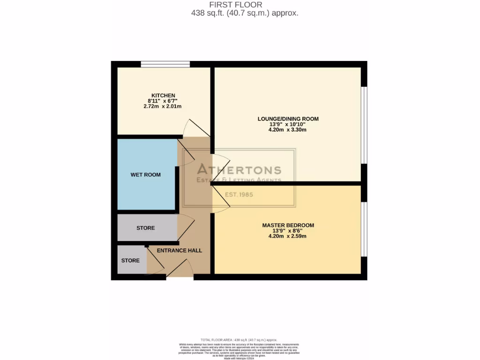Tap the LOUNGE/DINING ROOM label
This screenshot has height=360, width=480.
coord(288,119)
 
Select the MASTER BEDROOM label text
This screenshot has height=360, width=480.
coord(288,225)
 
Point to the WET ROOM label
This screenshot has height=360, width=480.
coord(145,175)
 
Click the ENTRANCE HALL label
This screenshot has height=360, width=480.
coord(180,251)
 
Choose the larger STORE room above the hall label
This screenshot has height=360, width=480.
coord(146,228)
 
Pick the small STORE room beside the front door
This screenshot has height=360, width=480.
coord(131,260)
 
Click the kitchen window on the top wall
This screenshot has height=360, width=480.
coord(165,64)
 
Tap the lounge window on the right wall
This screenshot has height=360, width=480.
coord(364,125)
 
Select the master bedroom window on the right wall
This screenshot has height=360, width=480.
coord(364,229)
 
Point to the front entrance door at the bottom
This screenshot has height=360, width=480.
coord(180,270)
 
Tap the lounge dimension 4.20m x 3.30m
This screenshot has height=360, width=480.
coord(288,130)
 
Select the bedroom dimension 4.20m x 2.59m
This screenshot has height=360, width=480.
coord(288,236)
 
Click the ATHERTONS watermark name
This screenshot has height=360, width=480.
coord(239,170)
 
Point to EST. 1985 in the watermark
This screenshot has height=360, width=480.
coord(239,195)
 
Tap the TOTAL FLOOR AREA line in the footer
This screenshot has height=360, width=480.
coord(239,340)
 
